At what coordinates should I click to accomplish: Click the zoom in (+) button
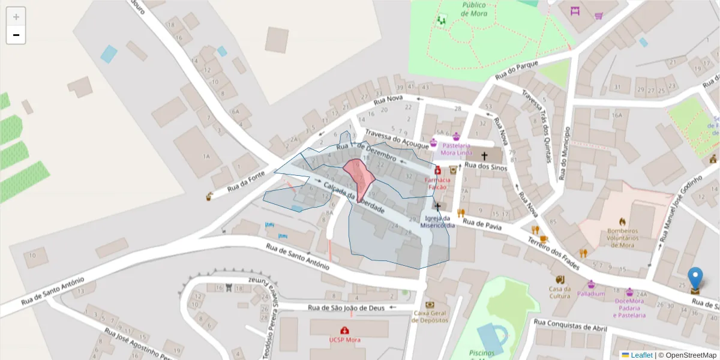pyautogui.click(x=16, y=17)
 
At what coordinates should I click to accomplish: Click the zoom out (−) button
pyautogui.click(x=16, y=35)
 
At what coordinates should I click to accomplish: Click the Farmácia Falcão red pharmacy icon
pyautogui.click(x=437, y=170)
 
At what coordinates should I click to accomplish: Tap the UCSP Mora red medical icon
pyautogui.click(x=345, y=330)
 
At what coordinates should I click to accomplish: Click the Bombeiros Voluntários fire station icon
pyautogui.click(x=622, y=221)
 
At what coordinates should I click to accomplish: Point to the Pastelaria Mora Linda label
pyautogui.click(x=456, y=149)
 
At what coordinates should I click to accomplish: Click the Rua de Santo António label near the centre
pyautogui.click(x=298, y=254)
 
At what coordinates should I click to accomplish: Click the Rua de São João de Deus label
pyautogui.click(x=345, y=308)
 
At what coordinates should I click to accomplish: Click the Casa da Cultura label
pyautogui.click(x=560, y=292)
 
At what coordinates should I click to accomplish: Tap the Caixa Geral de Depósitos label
pyautogui.click(x=430, y=316)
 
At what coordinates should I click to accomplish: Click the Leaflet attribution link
pyautogui.click(x=641, y=355)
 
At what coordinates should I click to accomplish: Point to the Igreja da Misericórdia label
pyautogui.click(x=437, y=222)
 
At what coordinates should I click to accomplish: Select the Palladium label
pyautogui.click(x=591, y=294)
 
